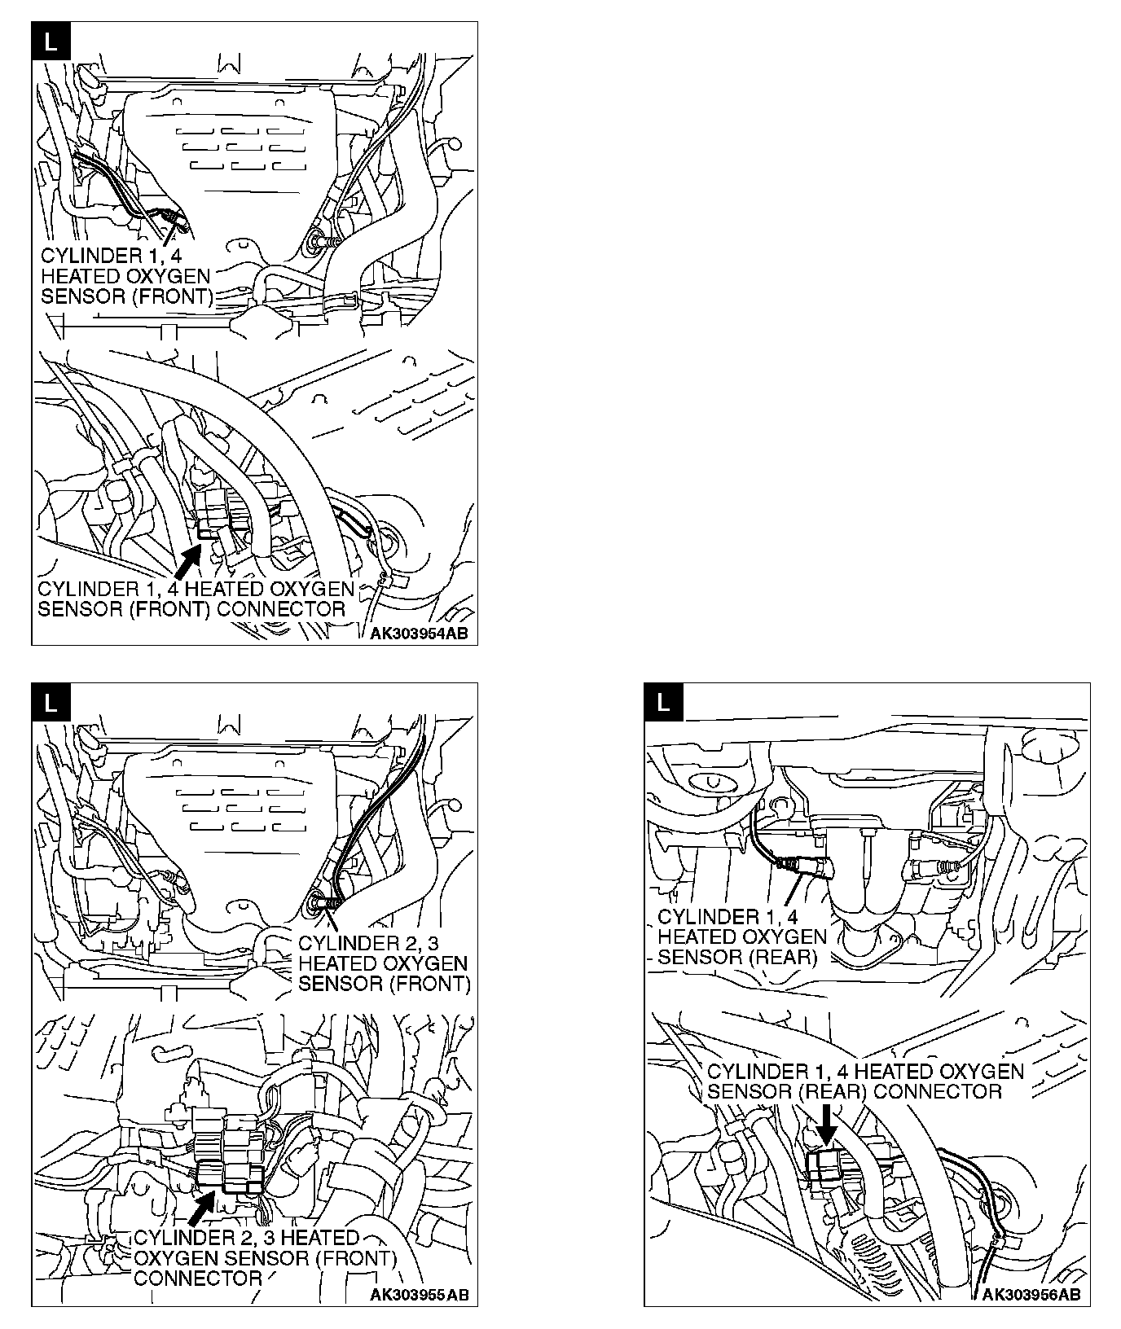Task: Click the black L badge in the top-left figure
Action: click(x=50, y=41)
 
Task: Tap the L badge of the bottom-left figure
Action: click(x=50, y=702)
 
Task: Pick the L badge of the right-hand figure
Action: click(x=662, y=702)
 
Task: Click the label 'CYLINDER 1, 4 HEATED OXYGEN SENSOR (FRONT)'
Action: click(x=126, y=276)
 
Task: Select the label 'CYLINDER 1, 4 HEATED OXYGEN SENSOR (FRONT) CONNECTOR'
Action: click(x=196, y=599)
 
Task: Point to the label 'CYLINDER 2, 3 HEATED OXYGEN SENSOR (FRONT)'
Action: click(x=384, y=963)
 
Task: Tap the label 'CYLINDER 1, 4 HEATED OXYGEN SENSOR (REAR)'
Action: click(x=741, y=936)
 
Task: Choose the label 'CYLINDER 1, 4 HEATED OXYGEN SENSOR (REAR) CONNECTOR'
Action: click(x=865, y=1081)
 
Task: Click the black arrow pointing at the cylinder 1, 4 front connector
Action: click(x=187, y=561)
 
